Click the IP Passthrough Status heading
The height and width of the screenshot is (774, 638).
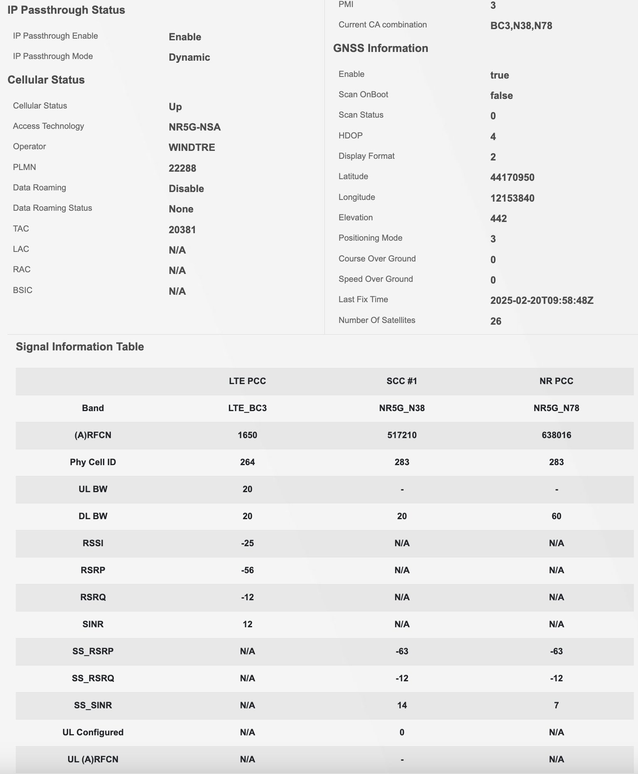[x=66, y=10]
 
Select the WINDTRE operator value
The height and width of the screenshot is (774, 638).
[x=191, y=148]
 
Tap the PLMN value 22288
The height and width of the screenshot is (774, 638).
[x=182, y=168]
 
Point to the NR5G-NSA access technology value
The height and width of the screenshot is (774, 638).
[x=194, y=127]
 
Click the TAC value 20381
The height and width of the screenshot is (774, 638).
[x=182, y=230]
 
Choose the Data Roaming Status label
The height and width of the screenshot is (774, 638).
[x=52, y=208]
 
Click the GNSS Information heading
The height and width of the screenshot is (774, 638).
[x=380, y=48]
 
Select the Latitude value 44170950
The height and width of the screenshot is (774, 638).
[x=512, y=177]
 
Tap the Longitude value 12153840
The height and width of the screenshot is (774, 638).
[x=512, y=198]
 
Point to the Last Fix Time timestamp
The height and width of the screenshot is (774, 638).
[x=541, y=301]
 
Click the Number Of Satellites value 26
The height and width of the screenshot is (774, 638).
[x=496, y=321]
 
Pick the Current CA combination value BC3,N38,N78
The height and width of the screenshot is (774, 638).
[x=521, y=26]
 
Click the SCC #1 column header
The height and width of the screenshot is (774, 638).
[x=402, y=381]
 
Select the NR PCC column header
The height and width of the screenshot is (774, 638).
[x=556, y=381]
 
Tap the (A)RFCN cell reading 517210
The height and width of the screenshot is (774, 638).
[x=402, y=435]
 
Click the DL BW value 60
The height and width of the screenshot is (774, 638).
[x=556, y=516]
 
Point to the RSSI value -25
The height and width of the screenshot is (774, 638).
[x=247, y=543]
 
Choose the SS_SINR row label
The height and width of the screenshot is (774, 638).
[x=93, y=705]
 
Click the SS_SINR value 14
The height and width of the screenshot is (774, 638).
[x=402, y=705]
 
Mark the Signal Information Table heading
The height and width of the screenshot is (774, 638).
[x=80, y=347]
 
